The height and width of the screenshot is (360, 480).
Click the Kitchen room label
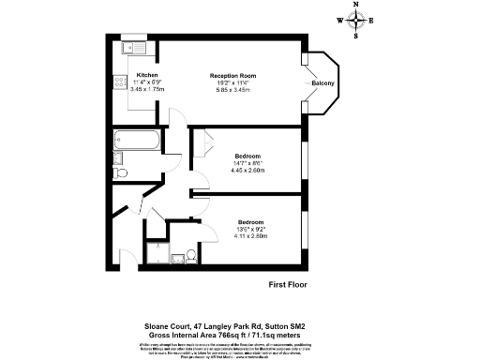147,75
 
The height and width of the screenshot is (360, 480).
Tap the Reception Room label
232,75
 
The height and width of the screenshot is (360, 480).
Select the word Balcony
323,83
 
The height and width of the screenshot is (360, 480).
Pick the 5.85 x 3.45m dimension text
232,89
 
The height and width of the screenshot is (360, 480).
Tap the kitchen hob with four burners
121,82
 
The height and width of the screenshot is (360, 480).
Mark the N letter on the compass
355,6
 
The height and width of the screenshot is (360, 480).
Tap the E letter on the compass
372,21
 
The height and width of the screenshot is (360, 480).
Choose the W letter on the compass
338,21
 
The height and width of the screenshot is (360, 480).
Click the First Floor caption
288,284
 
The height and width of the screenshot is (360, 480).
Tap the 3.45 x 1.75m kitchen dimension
147,88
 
